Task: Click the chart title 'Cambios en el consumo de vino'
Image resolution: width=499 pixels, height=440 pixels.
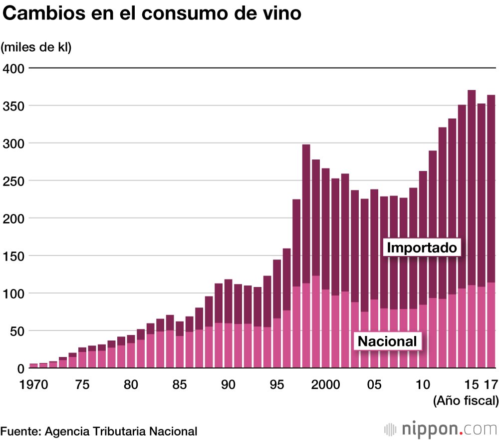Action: pos(152,14)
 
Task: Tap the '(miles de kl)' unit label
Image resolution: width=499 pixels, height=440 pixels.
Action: pos(36,47)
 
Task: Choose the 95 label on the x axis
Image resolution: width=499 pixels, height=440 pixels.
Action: pos(277,385)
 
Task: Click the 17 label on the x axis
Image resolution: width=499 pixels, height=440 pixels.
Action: pos(491,385)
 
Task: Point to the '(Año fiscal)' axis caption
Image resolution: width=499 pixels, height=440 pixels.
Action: pos(466,400)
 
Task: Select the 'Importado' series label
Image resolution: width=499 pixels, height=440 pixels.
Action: pos(422,247)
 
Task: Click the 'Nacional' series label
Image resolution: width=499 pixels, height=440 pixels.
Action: pos(387,341)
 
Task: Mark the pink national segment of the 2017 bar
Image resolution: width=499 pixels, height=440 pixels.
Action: pos(491,325)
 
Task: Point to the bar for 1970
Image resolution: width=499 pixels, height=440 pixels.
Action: pos(34,365)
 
